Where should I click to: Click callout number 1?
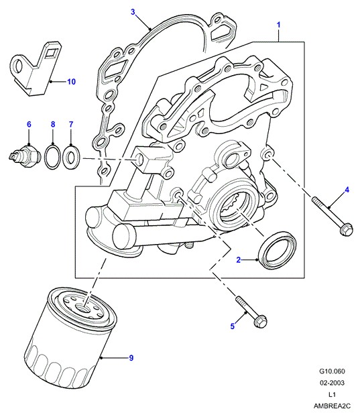[x=278, y=25]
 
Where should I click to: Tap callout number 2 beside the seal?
[x=239, y=260]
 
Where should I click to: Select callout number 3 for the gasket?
[x=133, y=12]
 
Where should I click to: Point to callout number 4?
[x=347, y=190]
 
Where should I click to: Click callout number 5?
[x=233, y=326]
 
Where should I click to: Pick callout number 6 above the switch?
[x=29, y=124]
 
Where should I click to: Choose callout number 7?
[x=71, y=124]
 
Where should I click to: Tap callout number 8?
[x=53, y=124]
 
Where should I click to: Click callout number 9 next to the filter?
[x=131, y=358]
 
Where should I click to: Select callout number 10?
[x=71, y=82]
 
